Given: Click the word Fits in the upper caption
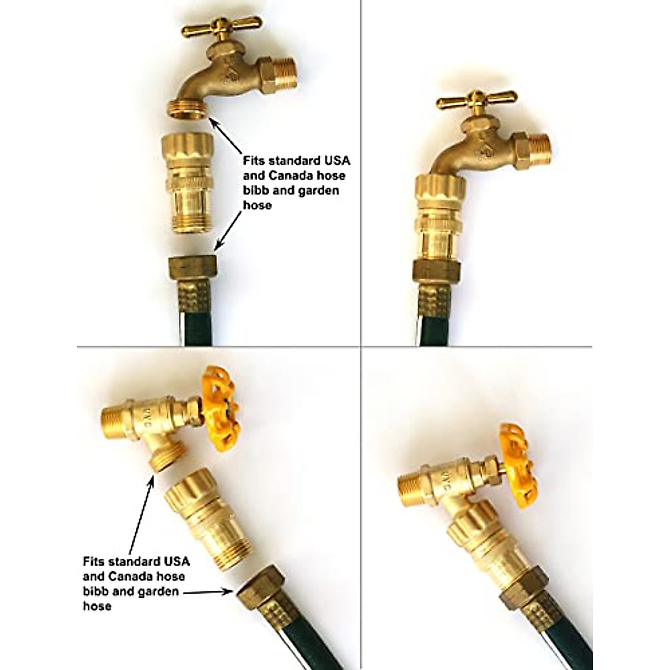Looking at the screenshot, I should click(253, 161).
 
